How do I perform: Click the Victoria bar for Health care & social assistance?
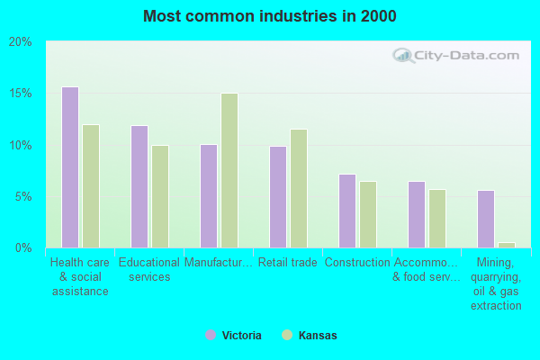70,167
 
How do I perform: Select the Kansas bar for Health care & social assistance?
91,186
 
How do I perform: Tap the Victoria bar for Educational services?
139,186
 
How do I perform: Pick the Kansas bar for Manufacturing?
229,170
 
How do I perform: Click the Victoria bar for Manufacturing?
209,196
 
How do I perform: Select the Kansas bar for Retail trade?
299,188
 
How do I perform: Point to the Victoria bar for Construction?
347,211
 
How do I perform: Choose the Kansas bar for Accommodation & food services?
437,219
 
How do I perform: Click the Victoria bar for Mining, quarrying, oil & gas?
486,219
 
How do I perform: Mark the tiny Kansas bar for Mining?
507,245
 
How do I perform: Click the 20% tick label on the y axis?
20,42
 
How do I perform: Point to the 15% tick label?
20,94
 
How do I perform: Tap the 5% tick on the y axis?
22,196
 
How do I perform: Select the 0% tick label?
22,247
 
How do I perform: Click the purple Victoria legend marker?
211,335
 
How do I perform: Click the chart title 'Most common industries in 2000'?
269,16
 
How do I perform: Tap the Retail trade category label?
287,263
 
